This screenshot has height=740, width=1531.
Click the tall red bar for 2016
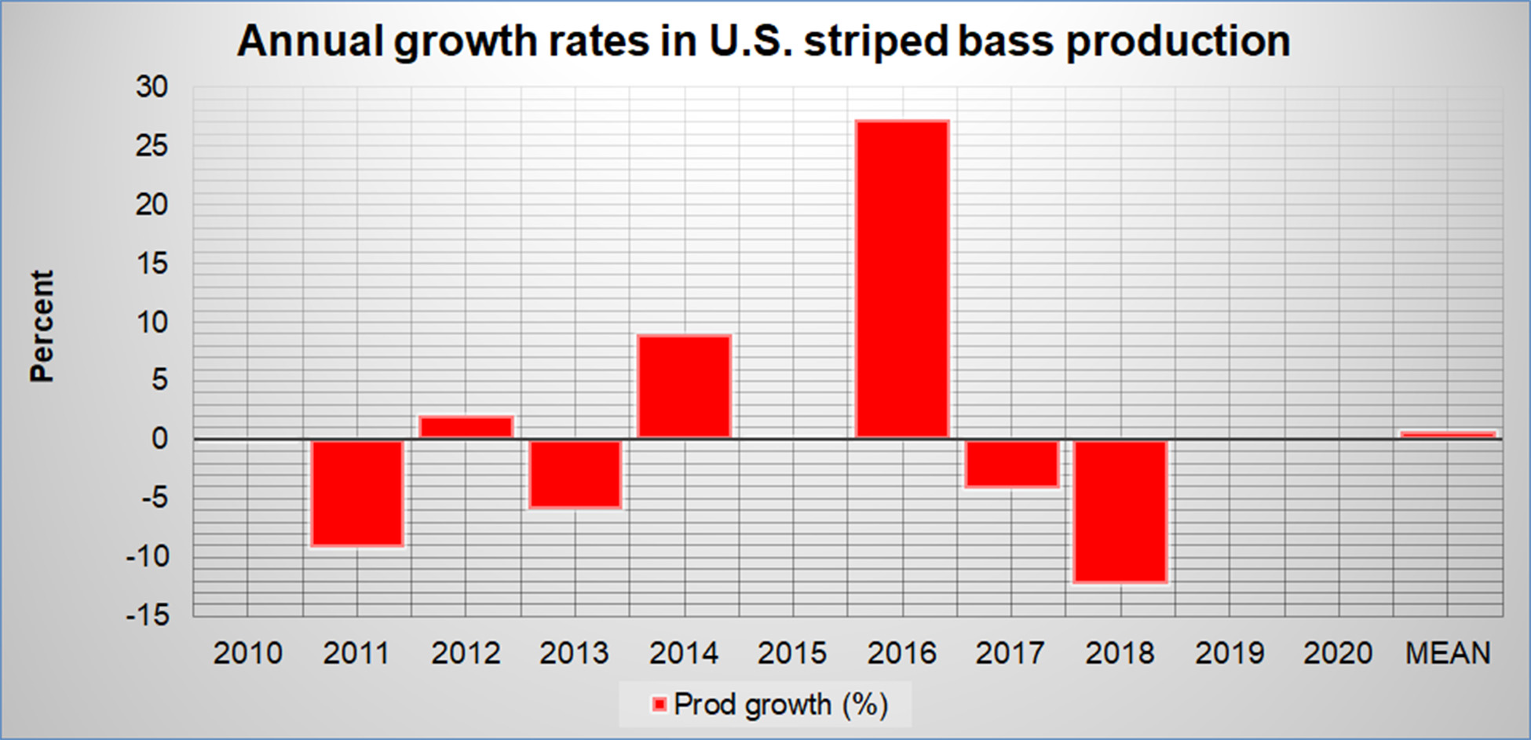[902, 279]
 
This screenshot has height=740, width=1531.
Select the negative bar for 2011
[357, 493]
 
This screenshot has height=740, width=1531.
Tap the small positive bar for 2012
[466, 427]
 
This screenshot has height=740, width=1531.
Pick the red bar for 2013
[575, 474]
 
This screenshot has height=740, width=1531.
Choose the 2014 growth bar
[684, 386]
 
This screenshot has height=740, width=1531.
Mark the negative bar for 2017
[1011, 464]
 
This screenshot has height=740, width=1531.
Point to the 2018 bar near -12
[1120, 511]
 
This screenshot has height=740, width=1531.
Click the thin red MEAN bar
[1448, 434]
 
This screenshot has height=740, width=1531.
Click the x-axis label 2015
[792, 653]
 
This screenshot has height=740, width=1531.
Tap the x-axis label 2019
[1230, 653]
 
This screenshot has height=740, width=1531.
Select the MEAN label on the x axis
[1448, 653]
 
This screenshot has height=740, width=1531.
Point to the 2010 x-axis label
[247, 653]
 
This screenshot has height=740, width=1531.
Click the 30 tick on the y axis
[152, 86]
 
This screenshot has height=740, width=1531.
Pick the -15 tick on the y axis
[148, 615]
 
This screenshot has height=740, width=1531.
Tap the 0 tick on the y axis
[159, 439]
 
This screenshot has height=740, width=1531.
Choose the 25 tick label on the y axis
[152, 145]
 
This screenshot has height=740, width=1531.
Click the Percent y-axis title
[42, 326]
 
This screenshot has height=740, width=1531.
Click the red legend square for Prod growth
[659, 705]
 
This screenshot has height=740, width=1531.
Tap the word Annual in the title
[310, 41]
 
